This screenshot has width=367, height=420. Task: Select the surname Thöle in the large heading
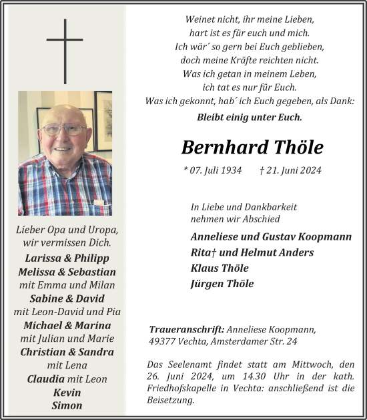[298, 147]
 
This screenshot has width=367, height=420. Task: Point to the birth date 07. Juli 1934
[212, 170]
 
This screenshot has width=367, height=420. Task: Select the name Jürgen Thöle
[222, 284]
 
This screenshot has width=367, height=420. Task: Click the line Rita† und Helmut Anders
[242, 252]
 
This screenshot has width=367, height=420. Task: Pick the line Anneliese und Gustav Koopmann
[270, 236]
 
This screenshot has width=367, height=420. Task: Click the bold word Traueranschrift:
[186, 329]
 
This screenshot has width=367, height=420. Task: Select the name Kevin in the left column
[67, 392]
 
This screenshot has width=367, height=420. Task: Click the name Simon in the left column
[67, 405]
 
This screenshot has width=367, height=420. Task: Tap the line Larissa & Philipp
[67, 258]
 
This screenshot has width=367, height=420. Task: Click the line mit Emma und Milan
[67, 285]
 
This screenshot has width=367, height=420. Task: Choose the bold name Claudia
[46, 379]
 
